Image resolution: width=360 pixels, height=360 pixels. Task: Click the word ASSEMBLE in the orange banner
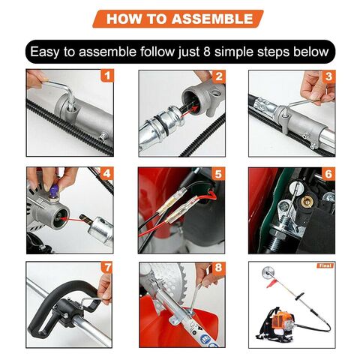212,19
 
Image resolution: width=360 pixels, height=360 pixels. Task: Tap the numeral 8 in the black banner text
207,52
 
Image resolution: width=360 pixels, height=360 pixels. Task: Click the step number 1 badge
107,76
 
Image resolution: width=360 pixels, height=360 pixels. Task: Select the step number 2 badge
219,76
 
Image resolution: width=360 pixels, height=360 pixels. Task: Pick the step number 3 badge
328,76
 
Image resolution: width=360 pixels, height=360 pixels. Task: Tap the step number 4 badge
106,173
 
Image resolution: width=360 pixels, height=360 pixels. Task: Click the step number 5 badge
218,173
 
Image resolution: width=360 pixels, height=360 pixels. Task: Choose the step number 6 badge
328,174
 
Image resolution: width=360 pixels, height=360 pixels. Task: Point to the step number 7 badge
107,268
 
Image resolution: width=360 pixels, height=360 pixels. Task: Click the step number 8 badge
218,268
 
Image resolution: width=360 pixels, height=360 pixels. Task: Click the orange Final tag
325,265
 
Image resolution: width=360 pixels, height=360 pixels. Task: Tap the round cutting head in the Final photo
266,272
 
